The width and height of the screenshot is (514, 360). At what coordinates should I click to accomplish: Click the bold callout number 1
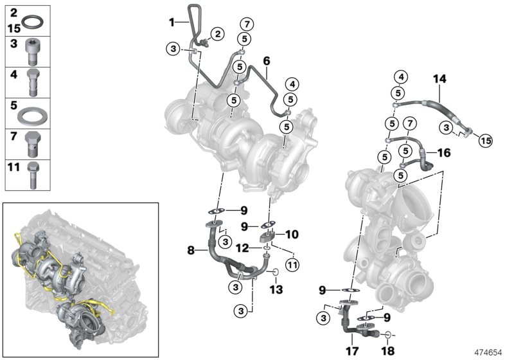tap(172, 22)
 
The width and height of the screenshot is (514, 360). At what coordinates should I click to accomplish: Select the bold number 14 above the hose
tap(439, 80)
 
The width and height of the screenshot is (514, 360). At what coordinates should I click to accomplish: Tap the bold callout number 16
tap(445, 153)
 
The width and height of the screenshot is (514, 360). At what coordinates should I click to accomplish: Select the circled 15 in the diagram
tap(485, 139)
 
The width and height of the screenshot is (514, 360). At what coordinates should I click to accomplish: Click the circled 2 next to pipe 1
tap(219, 33)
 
